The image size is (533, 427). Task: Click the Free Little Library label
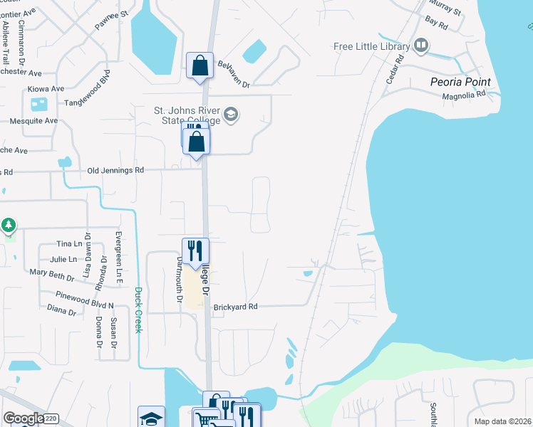[371, 47]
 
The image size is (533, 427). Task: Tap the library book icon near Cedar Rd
[421, 47]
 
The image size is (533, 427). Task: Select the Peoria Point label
[460, 82]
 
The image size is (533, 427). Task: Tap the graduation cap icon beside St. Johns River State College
[231, 115]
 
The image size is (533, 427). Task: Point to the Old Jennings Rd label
[115, 171]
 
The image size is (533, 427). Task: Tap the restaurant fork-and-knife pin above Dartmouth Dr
[195, 251]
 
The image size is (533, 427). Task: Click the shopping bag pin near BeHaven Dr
[200, 65]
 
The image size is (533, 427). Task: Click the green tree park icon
[9, 226]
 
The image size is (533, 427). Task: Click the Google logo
[22, 418]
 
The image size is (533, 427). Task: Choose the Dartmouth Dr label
[180, 280]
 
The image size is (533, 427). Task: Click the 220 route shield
[51, 419]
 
